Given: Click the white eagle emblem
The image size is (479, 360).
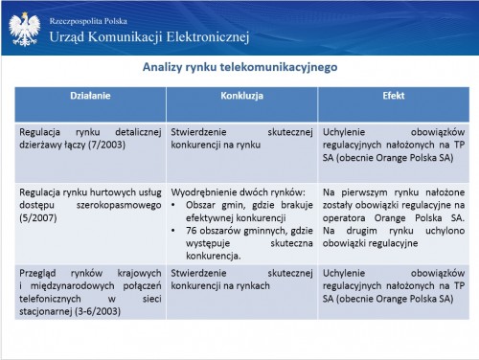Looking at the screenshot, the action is tap(25, 29).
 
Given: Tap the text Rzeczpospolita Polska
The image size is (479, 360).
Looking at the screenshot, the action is tap(88, 21).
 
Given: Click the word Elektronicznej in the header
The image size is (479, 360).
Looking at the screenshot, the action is tap(208, 37).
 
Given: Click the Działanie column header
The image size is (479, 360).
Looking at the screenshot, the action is tap(90, 96).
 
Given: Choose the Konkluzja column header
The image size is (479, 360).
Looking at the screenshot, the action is tap(241, 96).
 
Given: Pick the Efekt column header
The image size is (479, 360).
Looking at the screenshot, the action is tap(394, 96).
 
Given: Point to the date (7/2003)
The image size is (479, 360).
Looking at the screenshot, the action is tap(106, 145).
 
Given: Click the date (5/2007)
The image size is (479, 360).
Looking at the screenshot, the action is tap(38, 218).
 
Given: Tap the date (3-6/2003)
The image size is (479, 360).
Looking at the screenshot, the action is tap(98, 311).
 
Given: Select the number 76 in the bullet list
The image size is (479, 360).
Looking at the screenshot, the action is tap(192, 231).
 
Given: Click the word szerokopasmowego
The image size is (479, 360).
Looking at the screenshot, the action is tap(119, 206).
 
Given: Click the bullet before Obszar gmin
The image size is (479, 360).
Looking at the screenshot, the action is tap(173, 205).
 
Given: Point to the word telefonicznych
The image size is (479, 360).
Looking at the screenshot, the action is tap(50, 299).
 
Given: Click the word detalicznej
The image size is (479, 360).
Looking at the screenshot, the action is tap(138, 132).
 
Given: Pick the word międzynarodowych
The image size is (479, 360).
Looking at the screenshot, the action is tap(73, 286).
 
